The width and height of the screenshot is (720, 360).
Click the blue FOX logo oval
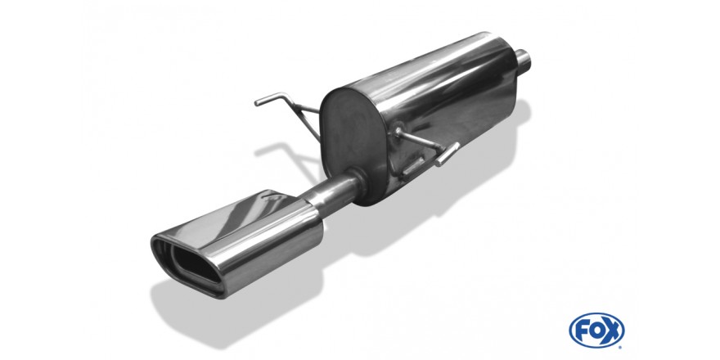click(x=596, y=331)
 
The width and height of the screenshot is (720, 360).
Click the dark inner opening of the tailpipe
click(x=192, y=264)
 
